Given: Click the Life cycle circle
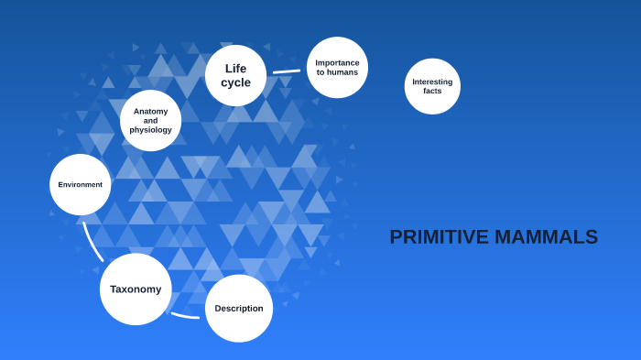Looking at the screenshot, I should pyautogui.click(x=235, y=75).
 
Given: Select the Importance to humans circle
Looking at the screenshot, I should pyautogui.click(x=337, y=68).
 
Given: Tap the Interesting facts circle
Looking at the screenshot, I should pyautogui.click(x=432, y=86).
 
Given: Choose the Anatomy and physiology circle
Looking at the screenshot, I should pyautogui.click(x=150, y=120).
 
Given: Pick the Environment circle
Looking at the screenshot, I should pyautogui.click(x=81, y=184).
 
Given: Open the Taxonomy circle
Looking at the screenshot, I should pyautogui.click(x=136, y=289).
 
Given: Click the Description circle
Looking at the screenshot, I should pyautogui.click(x=239, y=309).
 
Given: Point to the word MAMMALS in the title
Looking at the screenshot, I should pyautogui.click(x=547, y=237).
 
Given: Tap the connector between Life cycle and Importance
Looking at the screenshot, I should pyautogui.click(x=286, y=71).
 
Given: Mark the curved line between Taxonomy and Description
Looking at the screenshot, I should pyautogui.click(x=185, y=316).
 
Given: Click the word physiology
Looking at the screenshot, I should pyautogui.click(x=150, y=130).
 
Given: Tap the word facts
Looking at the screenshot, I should pyautogui.click(x=432, y=91).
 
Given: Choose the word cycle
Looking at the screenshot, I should pyautogui.click(x=235, y=82).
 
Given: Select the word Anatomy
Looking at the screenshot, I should pyautogui.click(x=150, y=111).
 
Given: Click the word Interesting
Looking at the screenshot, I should pyautogui.click(x=432, y=82).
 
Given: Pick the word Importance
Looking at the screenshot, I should pyautogui.click(x=337, y=62).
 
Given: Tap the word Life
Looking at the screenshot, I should pyautogui.click(x=235, y=68).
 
